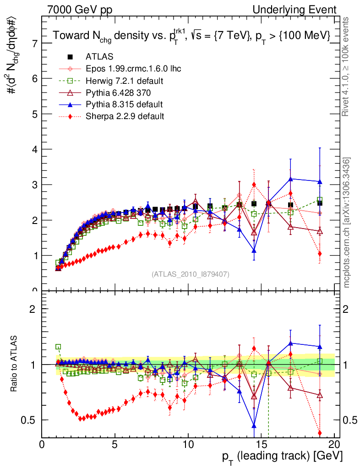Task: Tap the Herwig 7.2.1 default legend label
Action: pyautogui.click(x=125, y=81)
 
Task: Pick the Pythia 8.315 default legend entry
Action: pyautogui.click(x=124, y=104)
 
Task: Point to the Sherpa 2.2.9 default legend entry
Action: pyautogui.click(x=125, y=116)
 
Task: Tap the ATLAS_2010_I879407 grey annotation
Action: pyautogui.click(x=191, y=274)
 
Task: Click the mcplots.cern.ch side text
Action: pyautogui.click(x=347, y=223)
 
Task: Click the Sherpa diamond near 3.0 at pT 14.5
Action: pyautogui.click(x=254, y=185)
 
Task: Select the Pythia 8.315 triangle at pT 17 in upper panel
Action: pyautogui.click(x=290, y=179)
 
